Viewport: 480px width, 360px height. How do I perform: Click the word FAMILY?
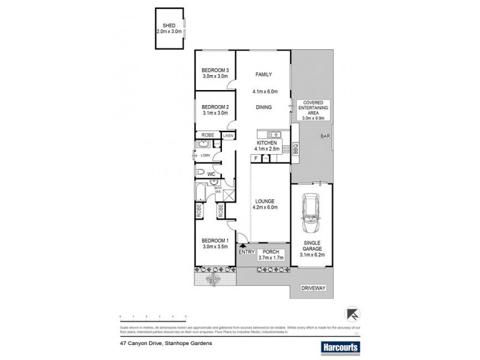point(263,74)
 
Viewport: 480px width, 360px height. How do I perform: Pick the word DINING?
point(263,107)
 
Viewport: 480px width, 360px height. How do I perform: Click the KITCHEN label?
point(266,143)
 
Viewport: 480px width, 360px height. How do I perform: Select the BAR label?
point(326,136)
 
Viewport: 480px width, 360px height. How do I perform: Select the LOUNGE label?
point(264,201)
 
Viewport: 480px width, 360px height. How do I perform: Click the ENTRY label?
point(247,251)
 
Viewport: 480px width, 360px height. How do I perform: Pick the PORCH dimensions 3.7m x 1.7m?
point(270,257)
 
